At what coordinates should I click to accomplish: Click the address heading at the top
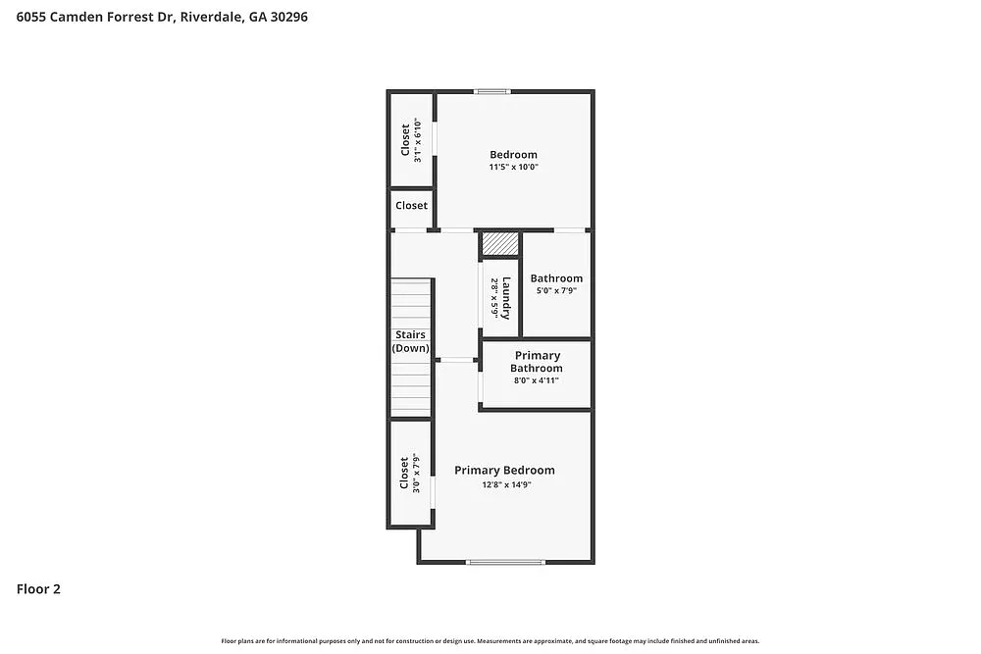[162, 17]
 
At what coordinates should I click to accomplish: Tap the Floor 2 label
[38, 589]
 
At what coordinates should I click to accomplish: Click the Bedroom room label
[513, 154]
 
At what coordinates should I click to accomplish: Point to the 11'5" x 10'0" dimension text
[513, 167]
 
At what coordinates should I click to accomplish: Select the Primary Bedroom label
[504, 470]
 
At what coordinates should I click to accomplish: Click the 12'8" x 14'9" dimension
[504, 483]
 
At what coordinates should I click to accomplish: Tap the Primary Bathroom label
[537, 362]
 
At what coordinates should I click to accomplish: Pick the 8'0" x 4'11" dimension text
[537, 380]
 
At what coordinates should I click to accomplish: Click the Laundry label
[507, 298]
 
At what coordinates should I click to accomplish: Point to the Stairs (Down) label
[410, 341]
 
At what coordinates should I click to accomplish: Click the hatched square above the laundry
[499, 243]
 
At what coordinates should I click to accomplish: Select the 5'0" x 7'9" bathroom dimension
[556, 290]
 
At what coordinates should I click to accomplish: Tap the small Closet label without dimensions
[411, 205]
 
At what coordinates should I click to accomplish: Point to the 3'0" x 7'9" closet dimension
[416, 474]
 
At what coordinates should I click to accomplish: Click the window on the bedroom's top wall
[492, 92]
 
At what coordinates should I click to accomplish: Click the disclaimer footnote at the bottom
[490, 640]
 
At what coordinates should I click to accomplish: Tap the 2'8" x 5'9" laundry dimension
[494, 298]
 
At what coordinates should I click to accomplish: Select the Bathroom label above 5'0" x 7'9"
[556, 278]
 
